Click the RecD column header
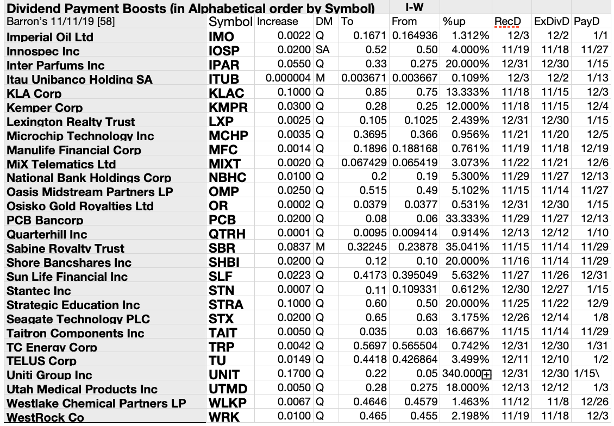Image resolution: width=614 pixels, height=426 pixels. click(x=508, y=22)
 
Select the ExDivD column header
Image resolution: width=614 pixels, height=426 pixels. click(x=551, y=22)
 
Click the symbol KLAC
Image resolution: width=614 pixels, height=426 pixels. click(x=227, y=93)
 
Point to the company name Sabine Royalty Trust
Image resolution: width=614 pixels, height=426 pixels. click(x=65, y=248)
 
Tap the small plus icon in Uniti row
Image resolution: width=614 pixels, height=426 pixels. click(x=486, y=374)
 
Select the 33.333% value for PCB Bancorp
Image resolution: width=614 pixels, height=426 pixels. click(x=467, y=220)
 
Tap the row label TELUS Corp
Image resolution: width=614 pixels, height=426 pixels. click(x=41, y=361)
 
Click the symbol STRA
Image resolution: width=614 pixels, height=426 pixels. click(x=226, y=305)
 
